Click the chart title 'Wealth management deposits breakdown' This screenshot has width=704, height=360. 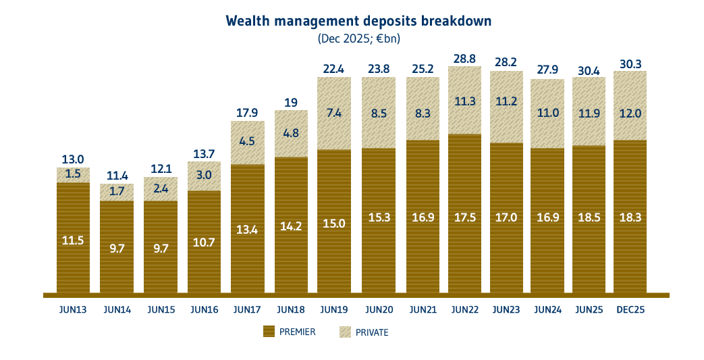tap(358, 21)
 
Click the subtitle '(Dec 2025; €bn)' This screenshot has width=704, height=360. tap(358, 39)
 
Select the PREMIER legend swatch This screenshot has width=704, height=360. tap(269, 332)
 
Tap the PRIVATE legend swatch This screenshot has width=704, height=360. tap(345, 332)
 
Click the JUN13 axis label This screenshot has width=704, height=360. tap(73, 310)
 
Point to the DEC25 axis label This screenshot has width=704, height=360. tap(630, 310)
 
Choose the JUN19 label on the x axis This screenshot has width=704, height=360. tap(334, 310)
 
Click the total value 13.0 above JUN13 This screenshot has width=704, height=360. tap(73, 159)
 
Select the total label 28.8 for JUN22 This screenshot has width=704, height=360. tap(464, 59)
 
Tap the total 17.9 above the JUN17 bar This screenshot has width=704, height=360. tap(248, 113)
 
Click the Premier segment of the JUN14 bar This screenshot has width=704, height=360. tap(117, 247)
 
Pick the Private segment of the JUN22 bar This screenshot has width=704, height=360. tap(464, 101)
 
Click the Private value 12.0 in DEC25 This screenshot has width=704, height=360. tap(630, 113)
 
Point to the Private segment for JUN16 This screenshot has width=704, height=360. tap(204, 176)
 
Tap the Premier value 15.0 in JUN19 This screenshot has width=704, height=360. tap(334, 224)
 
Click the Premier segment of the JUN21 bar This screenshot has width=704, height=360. tap(423, 216)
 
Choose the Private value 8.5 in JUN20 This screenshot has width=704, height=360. tap(378, 113)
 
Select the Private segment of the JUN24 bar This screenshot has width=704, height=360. tap(547, 113)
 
